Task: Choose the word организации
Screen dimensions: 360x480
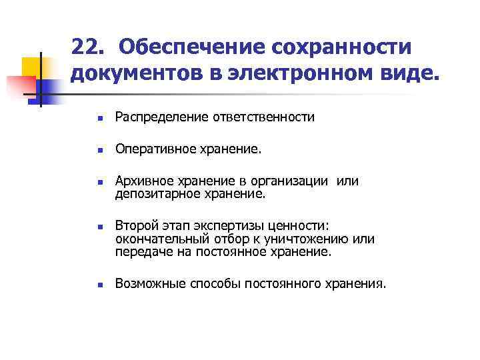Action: (x=291, y=181)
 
